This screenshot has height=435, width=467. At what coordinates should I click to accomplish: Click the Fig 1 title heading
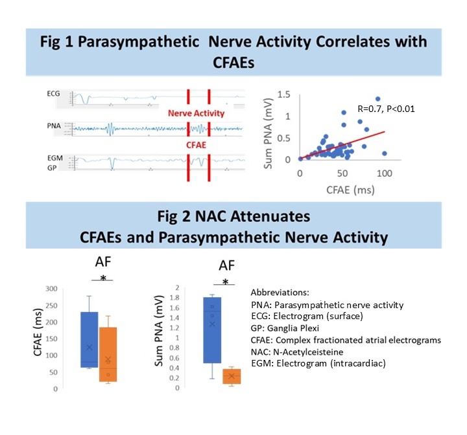pyautogui.click(x=233, y=51)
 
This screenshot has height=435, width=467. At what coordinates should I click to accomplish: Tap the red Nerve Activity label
pyautogui.click(x=196, y=113)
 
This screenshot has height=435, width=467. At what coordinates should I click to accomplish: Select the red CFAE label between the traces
pyautogui.click(x=196, y=145)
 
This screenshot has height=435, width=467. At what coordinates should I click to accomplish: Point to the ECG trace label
pyautogui.click(x=58, y=95)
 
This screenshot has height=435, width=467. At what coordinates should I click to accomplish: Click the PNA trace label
pyautogui.click(x=58, y=128)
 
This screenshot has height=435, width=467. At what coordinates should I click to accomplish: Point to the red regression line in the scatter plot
pyautogui.click(x=350, y=144)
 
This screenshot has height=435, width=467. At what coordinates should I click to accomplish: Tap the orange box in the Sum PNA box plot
pyautogui.click(x=232, y=376)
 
